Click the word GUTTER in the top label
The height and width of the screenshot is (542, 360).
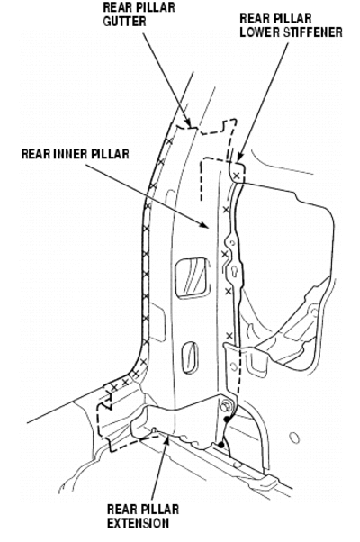(x=125, y=21)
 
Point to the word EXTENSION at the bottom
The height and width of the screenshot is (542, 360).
(x=139, y=523)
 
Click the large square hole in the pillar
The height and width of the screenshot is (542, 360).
(x=193, y=278)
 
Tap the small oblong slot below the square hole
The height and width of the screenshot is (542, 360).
(x=191, y=357)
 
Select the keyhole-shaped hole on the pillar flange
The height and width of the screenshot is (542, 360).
(x=234, y=271)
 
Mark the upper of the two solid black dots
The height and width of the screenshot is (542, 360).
(x=227, y=420)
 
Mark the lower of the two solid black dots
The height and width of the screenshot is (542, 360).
(x=220, y=445)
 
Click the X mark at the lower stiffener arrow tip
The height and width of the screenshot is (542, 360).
(x=237, y=176)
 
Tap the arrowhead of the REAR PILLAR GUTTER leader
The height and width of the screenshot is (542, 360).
(x=187, y=122)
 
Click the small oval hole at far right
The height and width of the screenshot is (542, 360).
(x=294, y=438)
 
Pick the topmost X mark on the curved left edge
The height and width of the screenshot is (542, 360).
(x=169, y=141)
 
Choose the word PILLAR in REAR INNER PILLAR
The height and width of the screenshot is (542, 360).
(x=112, y=154)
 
